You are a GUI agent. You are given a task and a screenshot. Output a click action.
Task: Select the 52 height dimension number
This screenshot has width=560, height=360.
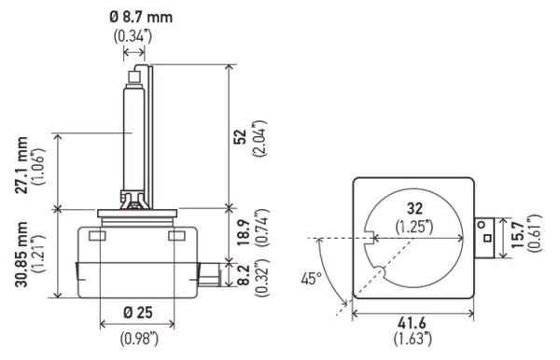click(x=241, y=136)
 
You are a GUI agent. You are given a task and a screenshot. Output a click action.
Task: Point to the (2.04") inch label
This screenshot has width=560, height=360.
click(x=259, y=136)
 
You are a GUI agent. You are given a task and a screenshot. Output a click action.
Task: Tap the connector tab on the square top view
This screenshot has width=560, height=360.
click(x=486, y=237)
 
